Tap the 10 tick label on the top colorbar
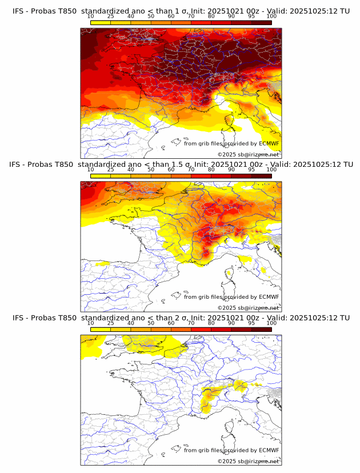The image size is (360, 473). coord(91,16)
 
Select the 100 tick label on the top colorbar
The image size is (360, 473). coord(271,16)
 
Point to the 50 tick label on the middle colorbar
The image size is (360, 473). coord(151,170)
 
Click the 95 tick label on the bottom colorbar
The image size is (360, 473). coord(251,323)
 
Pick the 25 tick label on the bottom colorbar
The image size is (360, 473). coord(111,323)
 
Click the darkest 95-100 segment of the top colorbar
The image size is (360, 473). coord(261,22)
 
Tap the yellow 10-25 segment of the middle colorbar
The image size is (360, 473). coord(101,176)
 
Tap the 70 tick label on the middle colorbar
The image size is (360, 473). coord(191,170)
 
